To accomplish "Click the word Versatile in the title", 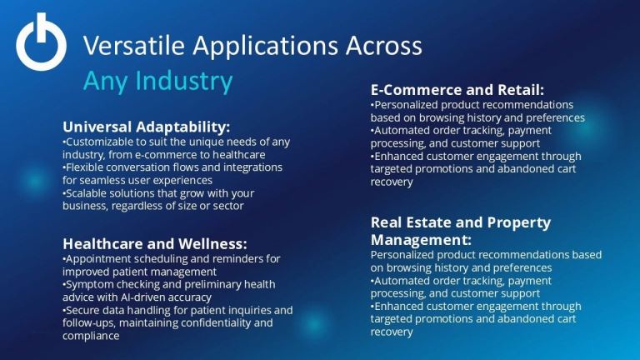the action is (134, 45).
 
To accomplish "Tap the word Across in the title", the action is (383, 45).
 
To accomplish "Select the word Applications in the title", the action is (265, 47).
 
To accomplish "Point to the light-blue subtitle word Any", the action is (106, 81).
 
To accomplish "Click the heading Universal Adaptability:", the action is (146, 127).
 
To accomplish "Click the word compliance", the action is (91, 336).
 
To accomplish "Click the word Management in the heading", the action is (419, 240).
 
